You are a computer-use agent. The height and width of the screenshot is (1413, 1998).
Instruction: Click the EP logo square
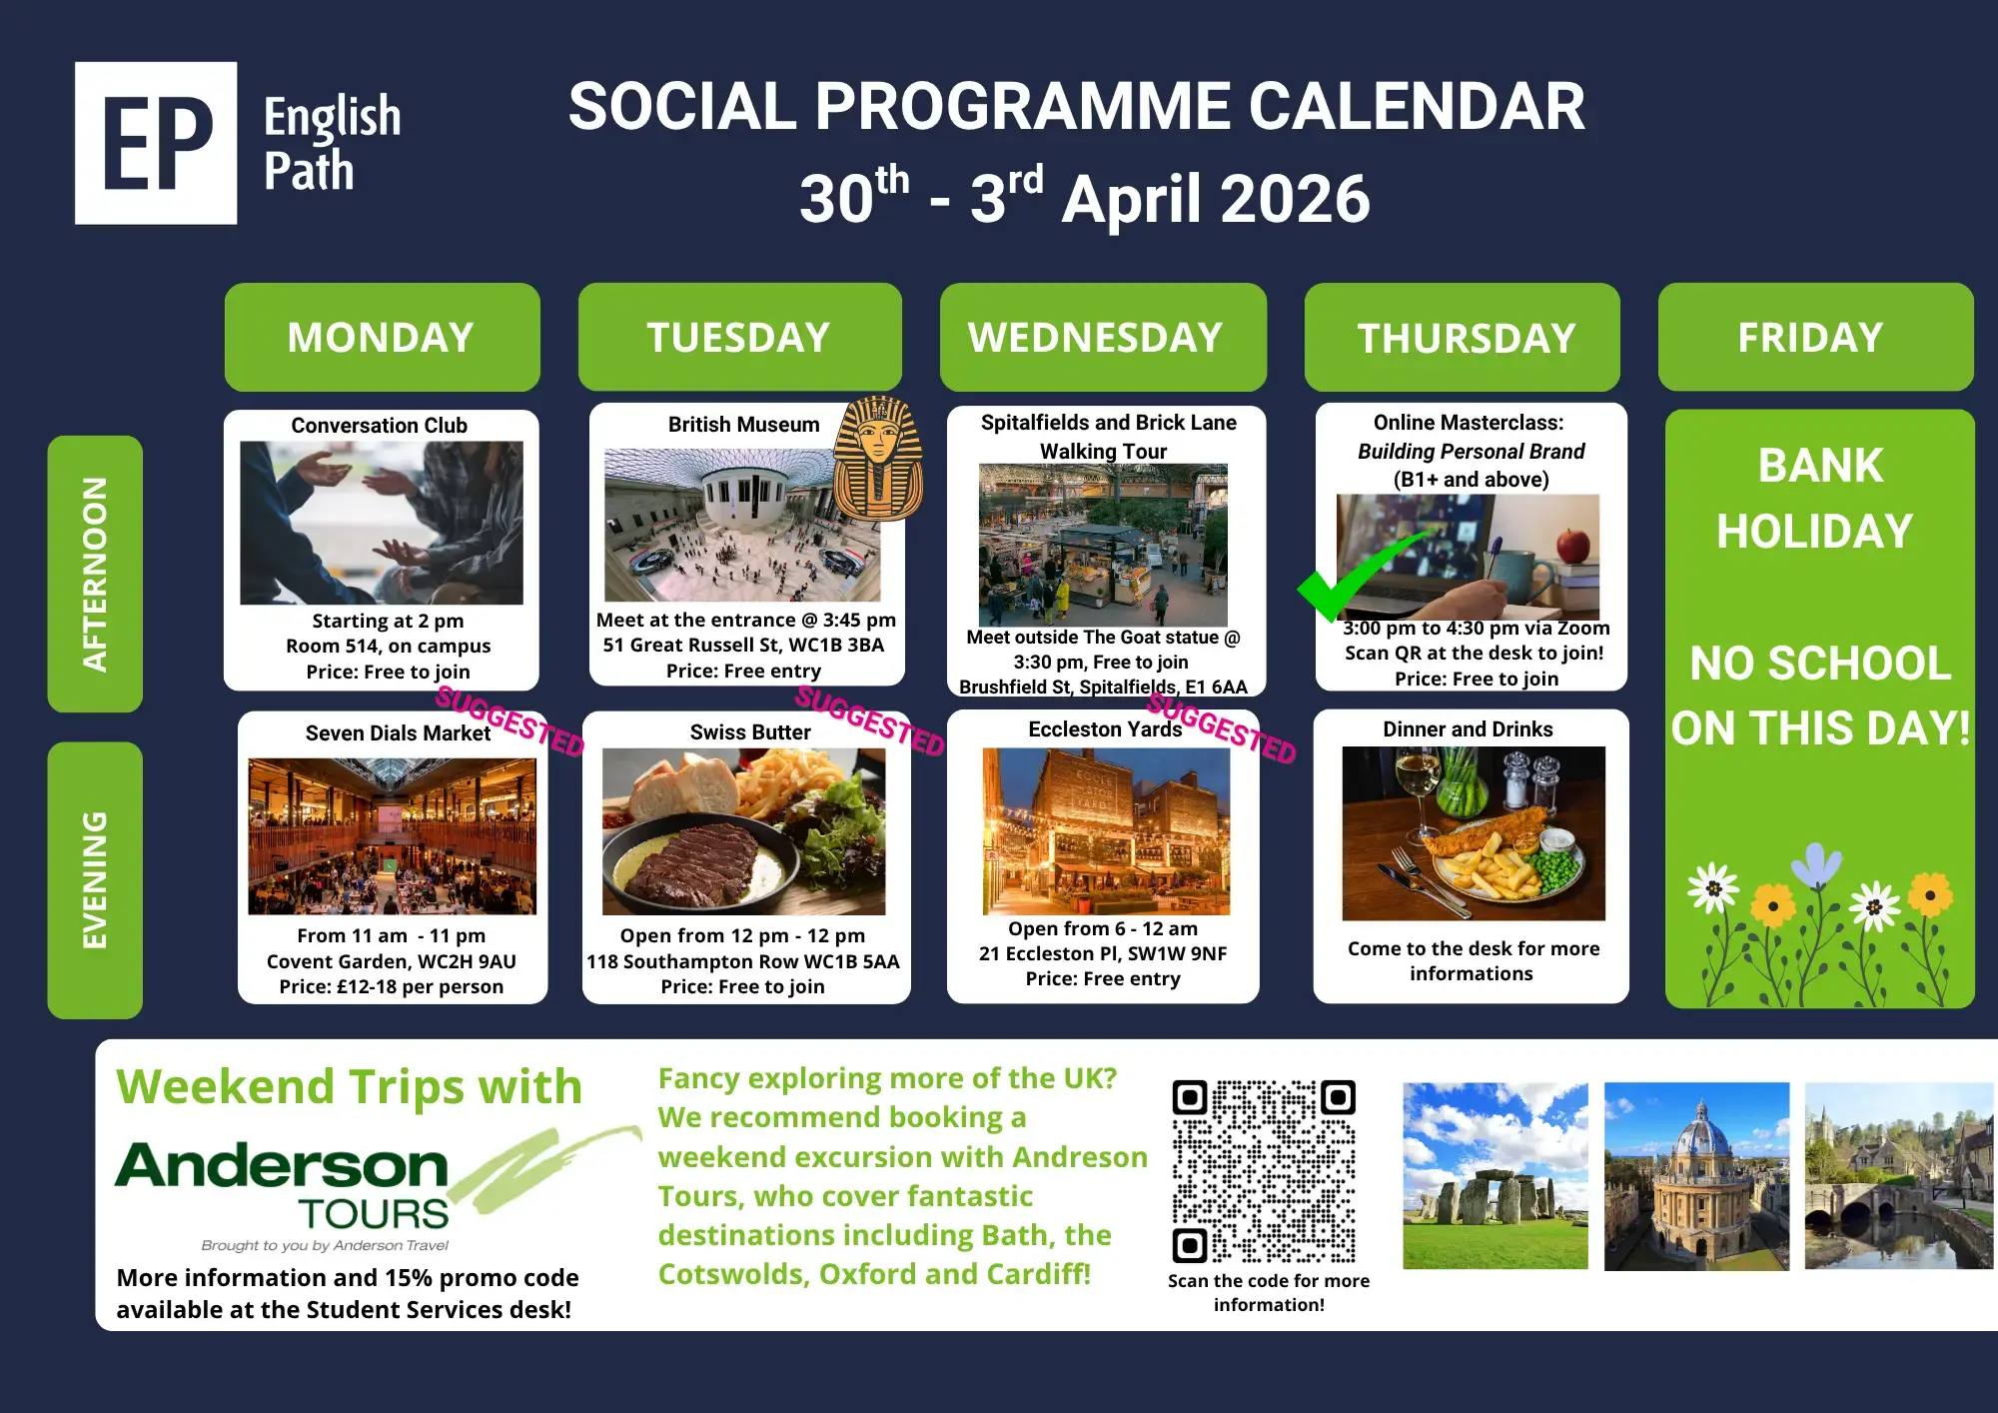pyautogui.click(x=156, y=143)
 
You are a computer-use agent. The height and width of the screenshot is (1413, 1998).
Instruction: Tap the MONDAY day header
pyautogui.click(x=382, y=337)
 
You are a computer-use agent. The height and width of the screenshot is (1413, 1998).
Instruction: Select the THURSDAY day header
pyautogui.click(x=1463, y=337)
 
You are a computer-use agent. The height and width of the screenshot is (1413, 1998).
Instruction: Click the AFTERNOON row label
pyautogui.click(x=95, y=574)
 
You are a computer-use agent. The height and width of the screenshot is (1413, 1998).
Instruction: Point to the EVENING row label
pyautogui.click(x=95, y=880)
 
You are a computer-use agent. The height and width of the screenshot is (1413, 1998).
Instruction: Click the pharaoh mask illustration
pyautogui.click(x=877, y=459)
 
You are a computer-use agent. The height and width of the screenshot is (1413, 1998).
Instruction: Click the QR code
pyautogui.click(x=1264, y=1171)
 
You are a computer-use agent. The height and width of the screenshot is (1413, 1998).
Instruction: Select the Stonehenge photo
pyautogui.click(x=1496, y=1176)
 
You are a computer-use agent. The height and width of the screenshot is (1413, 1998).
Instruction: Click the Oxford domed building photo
pyautogui.click(x=1696, y=1176)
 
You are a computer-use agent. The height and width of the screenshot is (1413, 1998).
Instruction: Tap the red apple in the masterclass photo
pyautogui.click(x=1573, y=546)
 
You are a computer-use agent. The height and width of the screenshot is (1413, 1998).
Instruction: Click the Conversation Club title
pyautogui.click(x=380, y=426)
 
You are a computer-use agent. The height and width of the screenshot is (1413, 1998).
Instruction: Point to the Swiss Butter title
pyautogui.click(x=750, y=732)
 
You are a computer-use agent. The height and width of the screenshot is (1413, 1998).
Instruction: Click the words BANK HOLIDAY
pyautogui.click(x=1816, y=498)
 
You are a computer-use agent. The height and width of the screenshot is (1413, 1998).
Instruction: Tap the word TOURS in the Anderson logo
pyautogui.click(x=374, y=1214)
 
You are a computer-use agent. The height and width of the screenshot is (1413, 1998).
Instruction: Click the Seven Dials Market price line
pyautogui.click(x=392, y=986)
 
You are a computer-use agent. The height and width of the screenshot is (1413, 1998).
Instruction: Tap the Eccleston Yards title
pyautogui.click(x=1105, y=729)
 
